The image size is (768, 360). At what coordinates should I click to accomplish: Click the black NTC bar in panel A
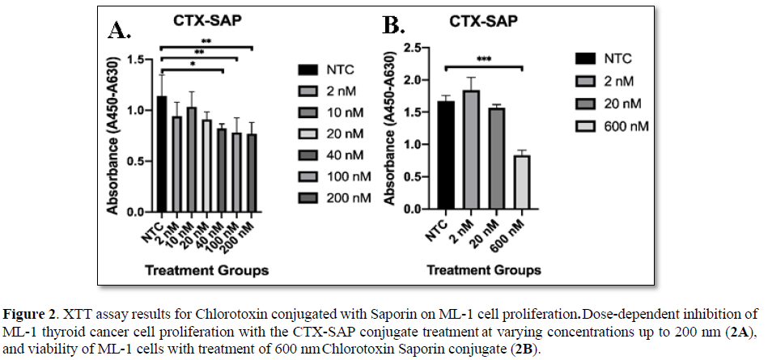click(x=162, y=154)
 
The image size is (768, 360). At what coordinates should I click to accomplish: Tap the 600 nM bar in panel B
click(x=523, y=183)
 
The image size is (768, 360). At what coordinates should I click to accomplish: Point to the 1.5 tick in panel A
click(x=146, y=60)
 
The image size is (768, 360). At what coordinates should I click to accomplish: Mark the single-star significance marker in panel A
click(x=191, y=64)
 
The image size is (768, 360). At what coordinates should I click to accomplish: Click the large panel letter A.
click(x=119, y=31)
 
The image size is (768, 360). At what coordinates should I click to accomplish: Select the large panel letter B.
click(x=393, y=27)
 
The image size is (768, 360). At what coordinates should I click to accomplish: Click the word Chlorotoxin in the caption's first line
click(x=207, y=313)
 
